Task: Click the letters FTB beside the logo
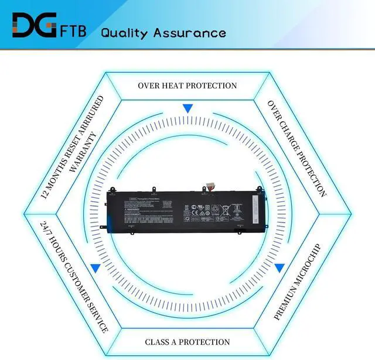[x=74, y=29]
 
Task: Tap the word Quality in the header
[x=124, y=32]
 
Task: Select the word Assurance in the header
[x=189, y=32]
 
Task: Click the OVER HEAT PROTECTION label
[x=187, y=85]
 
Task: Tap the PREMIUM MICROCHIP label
[x=298, y=281]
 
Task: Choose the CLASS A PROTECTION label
[x=187, y=342]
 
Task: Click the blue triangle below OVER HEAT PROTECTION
[x=187, y=108]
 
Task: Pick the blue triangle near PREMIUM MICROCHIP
[x=279, y=268]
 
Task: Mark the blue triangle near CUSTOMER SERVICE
[x=95, y=268]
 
